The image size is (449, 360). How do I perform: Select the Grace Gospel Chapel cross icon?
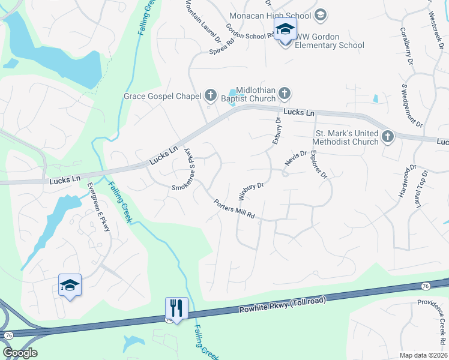210,95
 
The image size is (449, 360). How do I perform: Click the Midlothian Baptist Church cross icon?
285,93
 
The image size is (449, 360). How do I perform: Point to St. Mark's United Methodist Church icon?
387,136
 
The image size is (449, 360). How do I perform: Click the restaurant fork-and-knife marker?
176,308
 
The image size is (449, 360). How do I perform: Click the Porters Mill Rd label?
234,208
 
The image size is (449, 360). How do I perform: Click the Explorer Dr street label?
318,165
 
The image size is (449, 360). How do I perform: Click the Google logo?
20,353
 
